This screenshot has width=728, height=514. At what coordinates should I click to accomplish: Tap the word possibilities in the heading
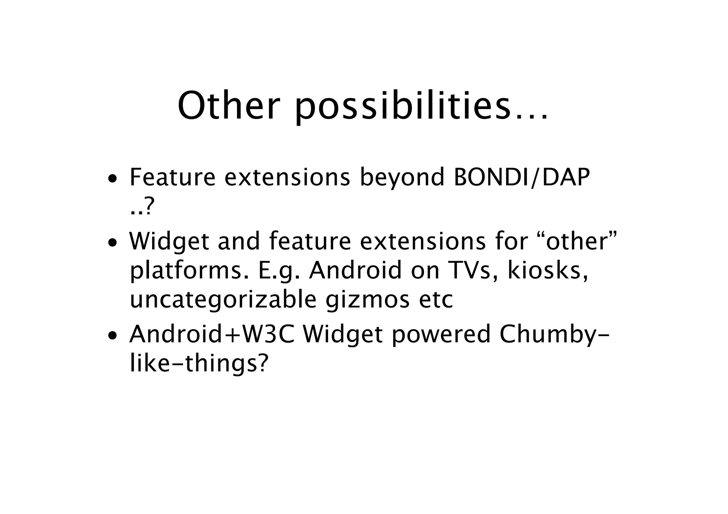402,106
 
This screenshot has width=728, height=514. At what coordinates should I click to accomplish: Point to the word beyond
402,178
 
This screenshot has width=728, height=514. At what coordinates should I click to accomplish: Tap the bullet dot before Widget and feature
112,243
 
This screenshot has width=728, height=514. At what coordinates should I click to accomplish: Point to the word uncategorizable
223,300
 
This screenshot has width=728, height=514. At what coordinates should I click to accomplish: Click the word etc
436,300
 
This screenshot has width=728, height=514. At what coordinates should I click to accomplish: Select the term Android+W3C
212,334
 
